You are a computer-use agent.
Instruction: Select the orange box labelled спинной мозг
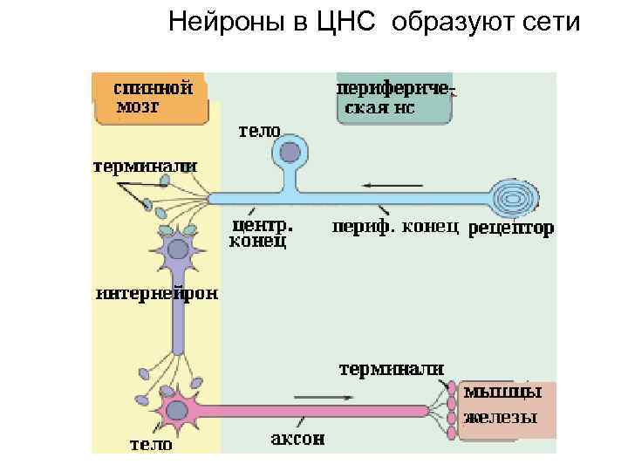click(x=150, y=98)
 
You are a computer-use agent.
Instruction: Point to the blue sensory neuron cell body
click(x=289, y=154)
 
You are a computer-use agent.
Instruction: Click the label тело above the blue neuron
click(x=260, y=131)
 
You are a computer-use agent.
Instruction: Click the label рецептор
click(x=511, y=229)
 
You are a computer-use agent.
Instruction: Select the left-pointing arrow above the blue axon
click(x=392, y=185)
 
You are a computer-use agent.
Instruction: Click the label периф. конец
click(x=395, y=228)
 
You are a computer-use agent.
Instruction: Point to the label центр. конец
click(x=259, y=233)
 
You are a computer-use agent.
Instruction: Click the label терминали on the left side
click(x=146, y=166)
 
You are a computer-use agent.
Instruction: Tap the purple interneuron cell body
click(x=178, y=250)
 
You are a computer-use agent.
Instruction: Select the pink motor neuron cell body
click(x=180, y=408)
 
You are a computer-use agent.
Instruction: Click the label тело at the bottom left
click(x=151, y=444)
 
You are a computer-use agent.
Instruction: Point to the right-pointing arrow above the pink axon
click(x=324, y=398)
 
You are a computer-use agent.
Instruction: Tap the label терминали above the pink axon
click(x=391, y=369)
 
